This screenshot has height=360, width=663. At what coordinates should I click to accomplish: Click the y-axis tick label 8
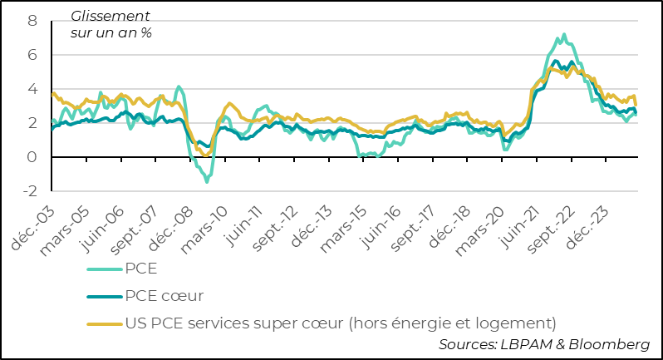coord(32,21)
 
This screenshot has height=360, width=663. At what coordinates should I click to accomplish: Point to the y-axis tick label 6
coord(32,55)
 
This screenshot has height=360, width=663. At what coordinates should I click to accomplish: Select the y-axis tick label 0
coord(32,157)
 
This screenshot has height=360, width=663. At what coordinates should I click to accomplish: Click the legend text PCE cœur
coord(165,295)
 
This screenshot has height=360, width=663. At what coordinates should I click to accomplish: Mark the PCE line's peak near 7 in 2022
coord(564,35)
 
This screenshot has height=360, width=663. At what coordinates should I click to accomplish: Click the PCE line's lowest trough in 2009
coord(206,181)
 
